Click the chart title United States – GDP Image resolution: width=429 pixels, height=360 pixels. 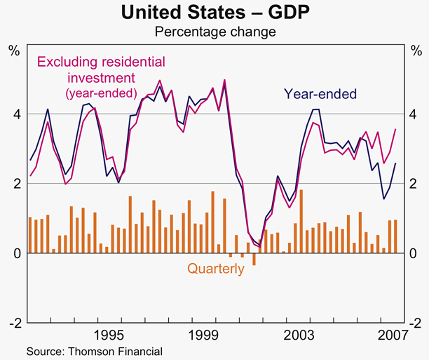pos(214,12)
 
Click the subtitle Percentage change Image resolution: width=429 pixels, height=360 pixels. pos(214,32)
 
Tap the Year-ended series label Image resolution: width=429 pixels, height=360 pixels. pos(320,94)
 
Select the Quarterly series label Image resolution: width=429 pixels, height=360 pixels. pos(215,268)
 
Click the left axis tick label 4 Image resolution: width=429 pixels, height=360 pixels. pos(15,114)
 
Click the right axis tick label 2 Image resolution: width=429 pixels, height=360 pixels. pos(414,183)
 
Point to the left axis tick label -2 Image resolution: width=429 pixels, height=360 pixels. pos(13,322)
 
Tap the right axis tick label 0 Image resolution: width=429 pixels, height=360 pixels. pos(414,253)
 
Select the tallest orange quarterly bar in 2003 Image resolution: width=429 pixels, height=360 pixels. pos(301,221)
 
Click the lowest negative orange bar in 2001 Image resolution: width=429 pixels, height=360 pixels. pos(254,259)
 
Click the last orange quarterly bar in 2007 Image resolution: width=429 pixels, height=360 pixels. pos(397,236)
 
